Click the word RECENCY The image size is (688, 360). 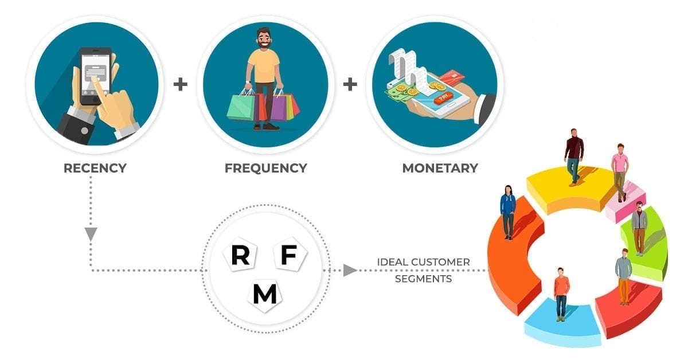point(95,169)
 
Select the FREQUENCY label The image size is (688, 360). point(265,169)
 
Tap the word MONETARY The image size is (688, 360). point(440,169)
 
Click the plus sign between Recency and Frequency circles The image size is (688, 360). point(181,85)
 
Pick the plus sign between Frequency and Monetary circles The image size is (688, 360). point(350,85)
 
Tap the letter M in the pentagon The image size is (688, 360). point(264,294)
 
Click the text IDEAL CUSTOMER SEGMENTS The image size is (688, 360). point(423,271)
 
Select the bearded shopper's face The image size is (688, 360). point(265,42)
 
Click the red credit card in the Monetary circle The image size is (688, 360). point(454,78)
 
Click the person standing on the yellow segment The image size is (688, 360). point(573,155)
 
